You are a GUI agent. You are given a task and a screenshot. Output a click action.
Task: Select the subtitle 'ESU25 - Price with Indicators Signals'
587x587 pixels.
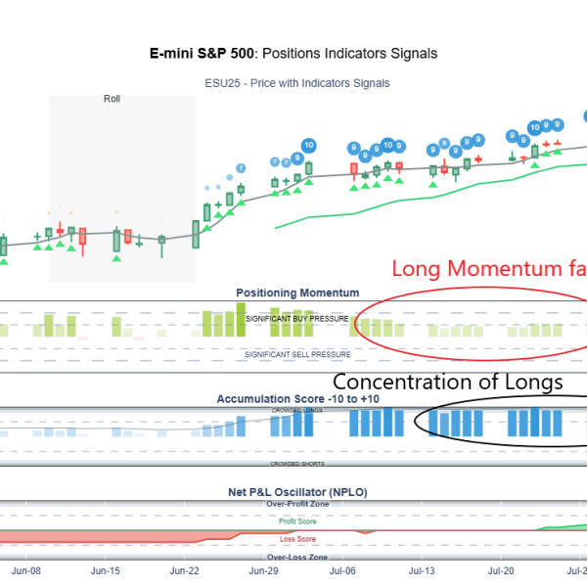pyautogui.click(x=297, y=83)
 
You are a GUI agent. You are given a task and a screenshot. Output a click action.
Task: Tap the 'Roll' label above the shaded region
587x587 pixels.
pyautogui.click(x=112, y=99)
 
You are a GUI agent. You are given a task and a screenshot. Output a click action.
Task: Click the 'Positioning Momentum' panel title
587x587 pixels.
pyautogui.click(x=297, y=293)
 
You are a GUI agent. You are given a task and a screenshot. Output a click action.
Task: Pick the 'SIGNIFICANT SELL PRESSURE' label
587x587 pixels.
pyautogui.click(x=297, y=354)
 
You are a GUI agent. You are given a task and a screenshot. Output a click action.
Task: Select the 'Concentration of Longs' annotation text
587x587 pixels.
pyautogui.click(x=448, y=383)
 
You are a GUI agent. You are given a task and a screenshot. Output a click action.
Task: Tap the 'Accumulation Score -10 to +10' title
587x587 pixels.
pyautogui.click(x=297, y=399)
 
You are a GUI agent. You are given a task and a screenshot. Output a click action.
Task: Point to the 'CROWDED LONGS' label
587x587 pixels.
pyautogui.click(x=297, y=409)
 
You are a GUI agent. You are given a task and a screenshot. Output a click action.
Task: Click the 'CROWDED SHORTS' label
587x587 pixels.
pyautogui.click(x=297, y=463)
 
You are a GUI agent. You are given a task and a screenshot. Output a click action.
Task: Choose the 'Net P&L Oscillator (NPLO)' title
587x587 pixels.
pyautogui.click(x=297, y=492)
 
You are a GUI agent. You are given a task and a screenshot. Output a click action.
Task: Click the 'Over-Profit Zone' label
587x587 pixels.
pyautogui.click(x=297, y=504)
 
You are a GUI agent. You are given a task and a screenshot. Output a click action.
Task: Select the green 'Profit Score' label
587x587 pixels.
pyautogui.click(x=297, y=522)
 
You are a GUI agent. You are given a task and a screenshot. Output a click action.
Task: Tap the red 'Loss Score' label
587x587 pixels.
pyautogui.click(x=297, y=538)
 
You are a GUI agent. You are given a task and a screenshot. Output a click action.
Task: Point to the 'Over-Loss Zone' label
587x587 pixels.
pyautogui.click(x=297, y=557)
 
